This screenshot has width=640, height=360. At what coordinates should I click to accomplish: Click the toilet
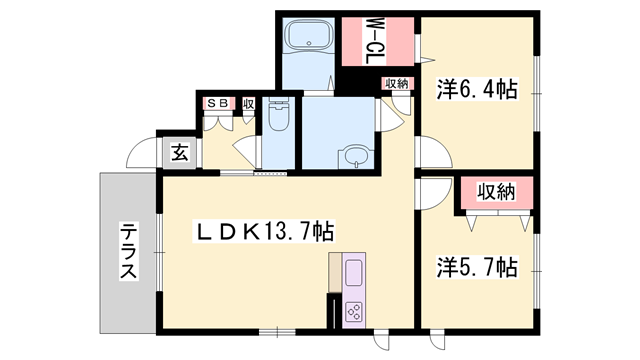pyautogui.click(x=279, y=121)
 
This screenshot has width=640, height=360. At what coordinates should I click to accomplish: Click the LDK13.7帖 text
pyautogui.click(x=263, y=232)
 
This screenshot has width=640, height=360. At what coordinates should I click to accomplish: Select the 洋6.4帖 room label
pyautogui.click(x=476, y=90)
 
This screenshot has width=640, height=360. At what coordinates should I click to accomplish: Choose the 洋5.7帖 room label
pyautogui.click(x=476, y=267)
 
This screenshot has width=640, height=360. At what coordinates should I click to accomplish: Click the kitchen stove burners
pyautogui.click(x=355, y=310)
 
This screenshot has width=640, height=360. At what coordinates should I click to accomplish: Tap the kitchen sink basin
pyautogui.click(x=355, y=273)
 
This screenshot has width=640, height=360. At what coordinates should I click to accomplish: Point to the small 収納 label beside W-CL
pyautogui.click(x=395, y=84)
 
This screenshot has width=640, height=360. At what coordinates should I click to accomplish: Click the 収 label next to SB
pyautogui.click(x=247, y=103)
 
